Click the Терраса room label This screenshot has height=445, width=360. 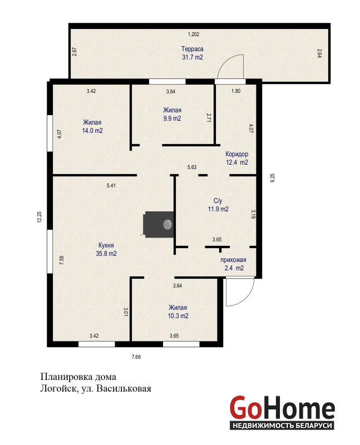pos(192,49)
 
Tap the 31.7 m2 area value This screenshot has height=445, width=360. pos(192,57)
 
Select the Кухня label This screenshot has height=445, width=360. pos(106,245)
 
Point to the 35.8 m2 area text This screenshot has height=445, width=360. pos(106,254)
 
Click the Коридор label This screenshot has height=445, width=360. pos(237,154)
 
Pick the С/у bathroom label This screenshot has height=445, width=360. pos(218,201)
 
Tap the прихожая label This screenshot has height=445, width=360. pos(233,260)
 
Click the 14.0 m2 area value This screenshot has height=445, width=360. pos(92,131)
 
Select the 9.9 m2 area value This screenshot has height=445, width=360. pos(172,118)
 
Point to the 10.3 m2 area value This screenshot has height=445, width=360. pos(178,315)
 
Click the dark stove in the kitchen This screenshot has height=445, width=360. pos(159,224)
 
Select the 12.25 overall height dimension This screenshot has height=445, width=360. pos(40,217)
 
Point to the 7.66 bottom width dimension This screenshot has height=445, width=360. pos(136,357)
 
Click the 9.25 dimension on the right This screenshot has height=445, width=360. pos(273,177)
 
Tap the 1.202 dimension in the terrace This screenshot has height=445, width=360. pos(193,34)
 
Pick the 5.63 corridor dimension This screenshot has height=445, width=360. pos(192,167)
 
